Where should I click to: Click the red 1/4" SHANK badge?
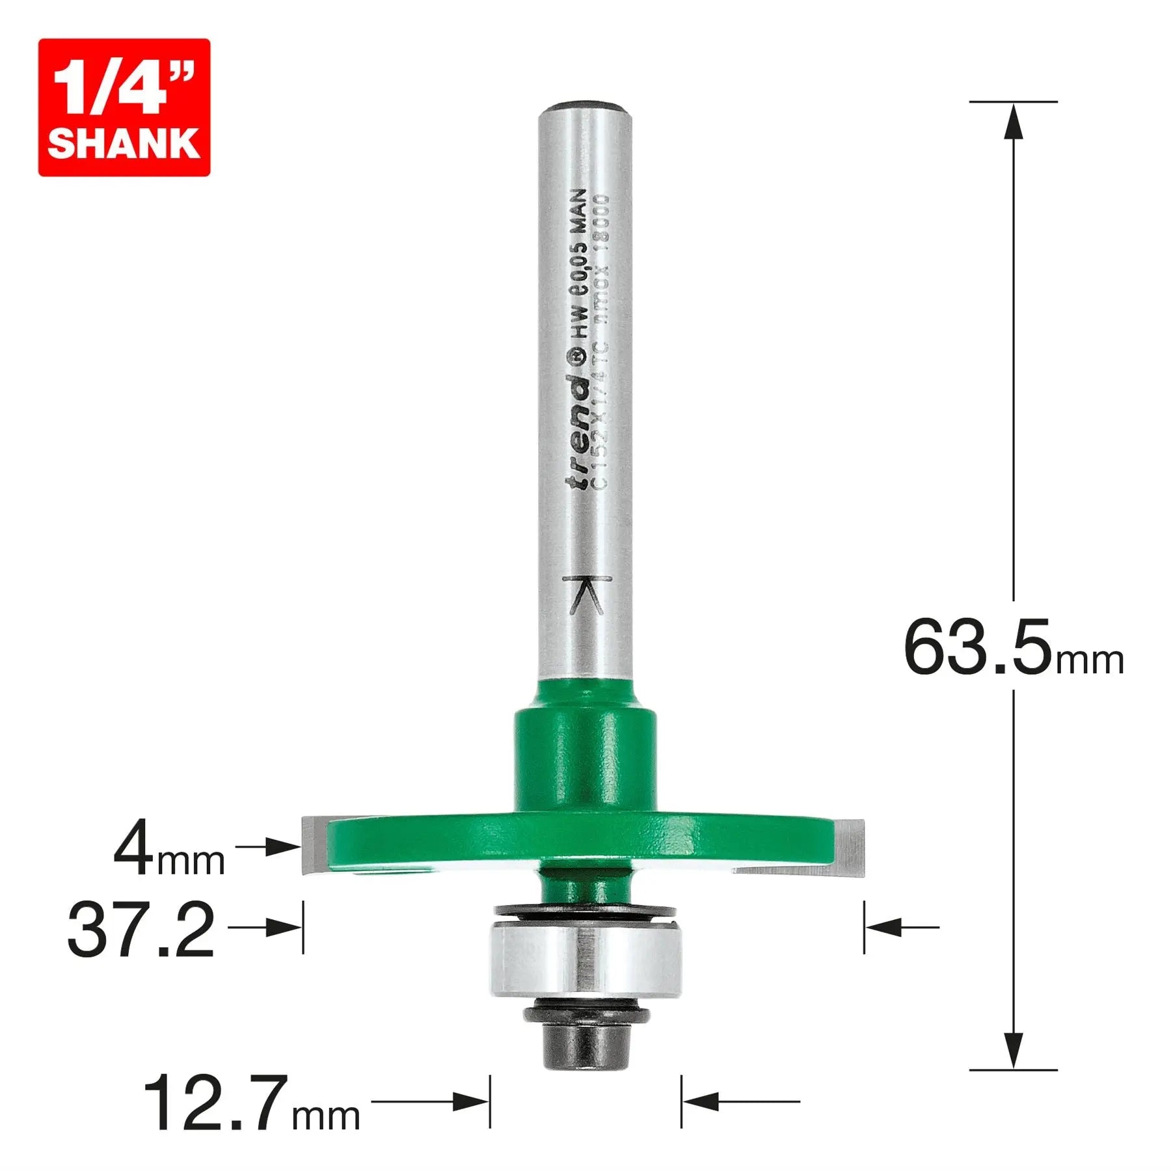[124, 107]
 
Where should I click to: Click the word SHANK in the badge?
[124, 143]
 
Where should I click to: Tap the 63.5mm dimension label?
[1012, 647]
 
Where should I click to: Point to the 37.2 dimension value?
[141, 930]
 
